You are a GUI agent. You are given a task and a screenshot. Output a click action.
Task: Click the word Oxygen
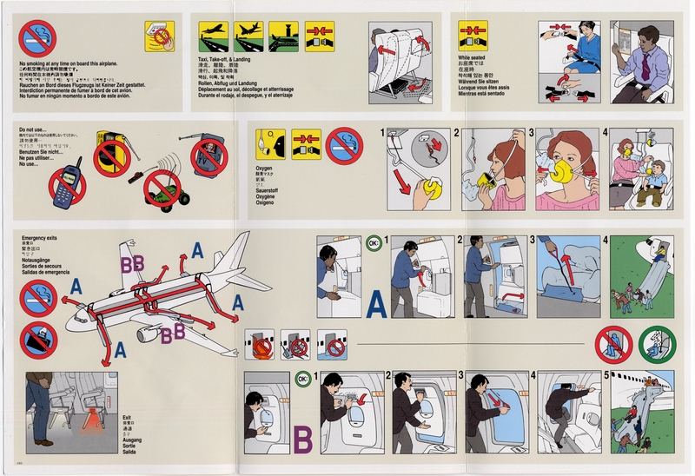click(x=264, y=166)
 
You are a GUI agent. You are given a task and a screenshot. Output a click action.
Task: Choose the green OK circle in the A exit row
click(x=374, y=244)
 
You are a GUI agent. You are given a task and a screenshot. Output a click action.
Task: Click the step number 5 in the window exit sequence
click(x=615, y=378)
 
